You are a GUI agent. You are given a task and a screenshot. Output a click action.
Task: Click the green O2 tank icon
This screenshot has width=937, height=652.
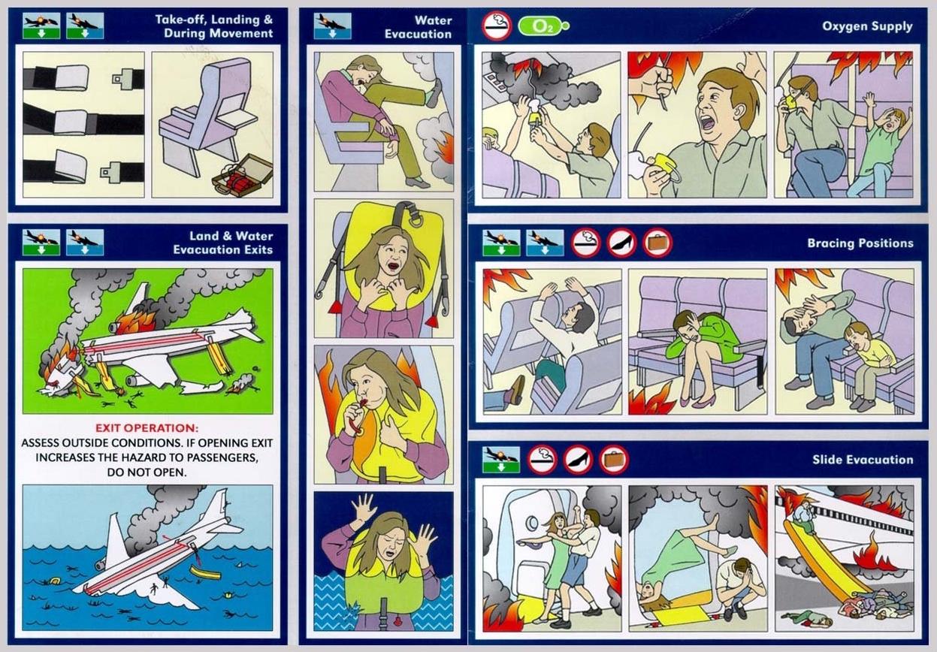[x=543, y=26]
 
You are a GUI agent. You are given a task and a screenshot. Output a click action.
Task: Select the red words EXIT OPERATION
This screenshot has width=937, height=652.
[x=147, y=428]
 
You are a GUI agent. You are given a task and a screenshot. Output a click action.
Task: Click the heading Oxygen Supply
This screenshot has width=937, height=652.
[x=867, y=26]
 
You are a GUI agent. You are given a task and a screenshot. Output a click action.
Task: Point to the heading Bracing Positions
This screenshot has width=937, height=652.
[x=860, y=243]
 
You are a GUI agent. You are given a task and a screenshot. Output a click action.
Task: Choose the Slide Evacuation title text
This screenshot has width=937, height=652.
[x=863, y=460]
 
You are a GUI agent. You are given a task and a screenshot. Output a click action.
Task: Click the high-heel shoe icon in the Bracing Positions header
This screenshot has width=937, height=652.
[x=621, y=243]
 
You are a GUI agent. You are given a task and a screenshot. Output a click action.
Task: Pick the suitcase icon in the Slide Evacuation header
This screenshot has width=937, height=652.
[x=614, y=459]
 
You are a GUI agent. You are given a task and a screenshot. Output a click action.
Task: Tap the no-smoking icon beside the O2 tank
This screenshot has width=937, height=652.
[x=497, y=26]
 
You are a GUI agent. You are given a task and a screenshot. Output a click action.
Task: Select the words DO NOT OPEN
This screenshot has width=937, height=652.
[x=147, y=472]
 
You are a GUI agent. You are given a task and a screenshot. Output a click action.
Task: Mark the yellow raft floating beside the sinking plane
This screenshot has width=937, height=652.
[x=205, y=572]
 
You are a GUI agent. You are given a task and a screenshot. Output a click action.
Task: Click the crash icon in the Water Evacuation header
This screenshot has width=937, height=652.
[x=333, y=26]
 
